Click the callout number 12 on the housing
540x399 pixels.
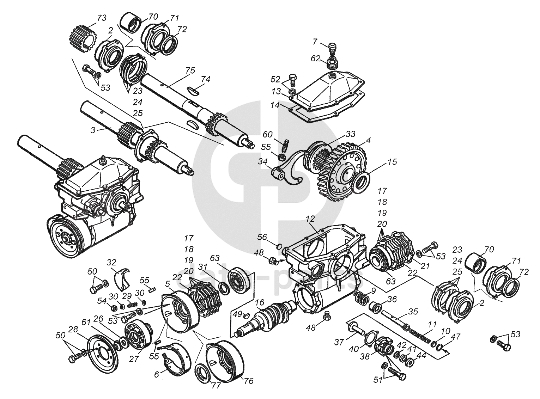tap(310, 219)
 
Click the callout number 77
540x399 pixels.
tap(216, 386)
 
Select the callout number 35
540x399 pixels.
tap(413, 311)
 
